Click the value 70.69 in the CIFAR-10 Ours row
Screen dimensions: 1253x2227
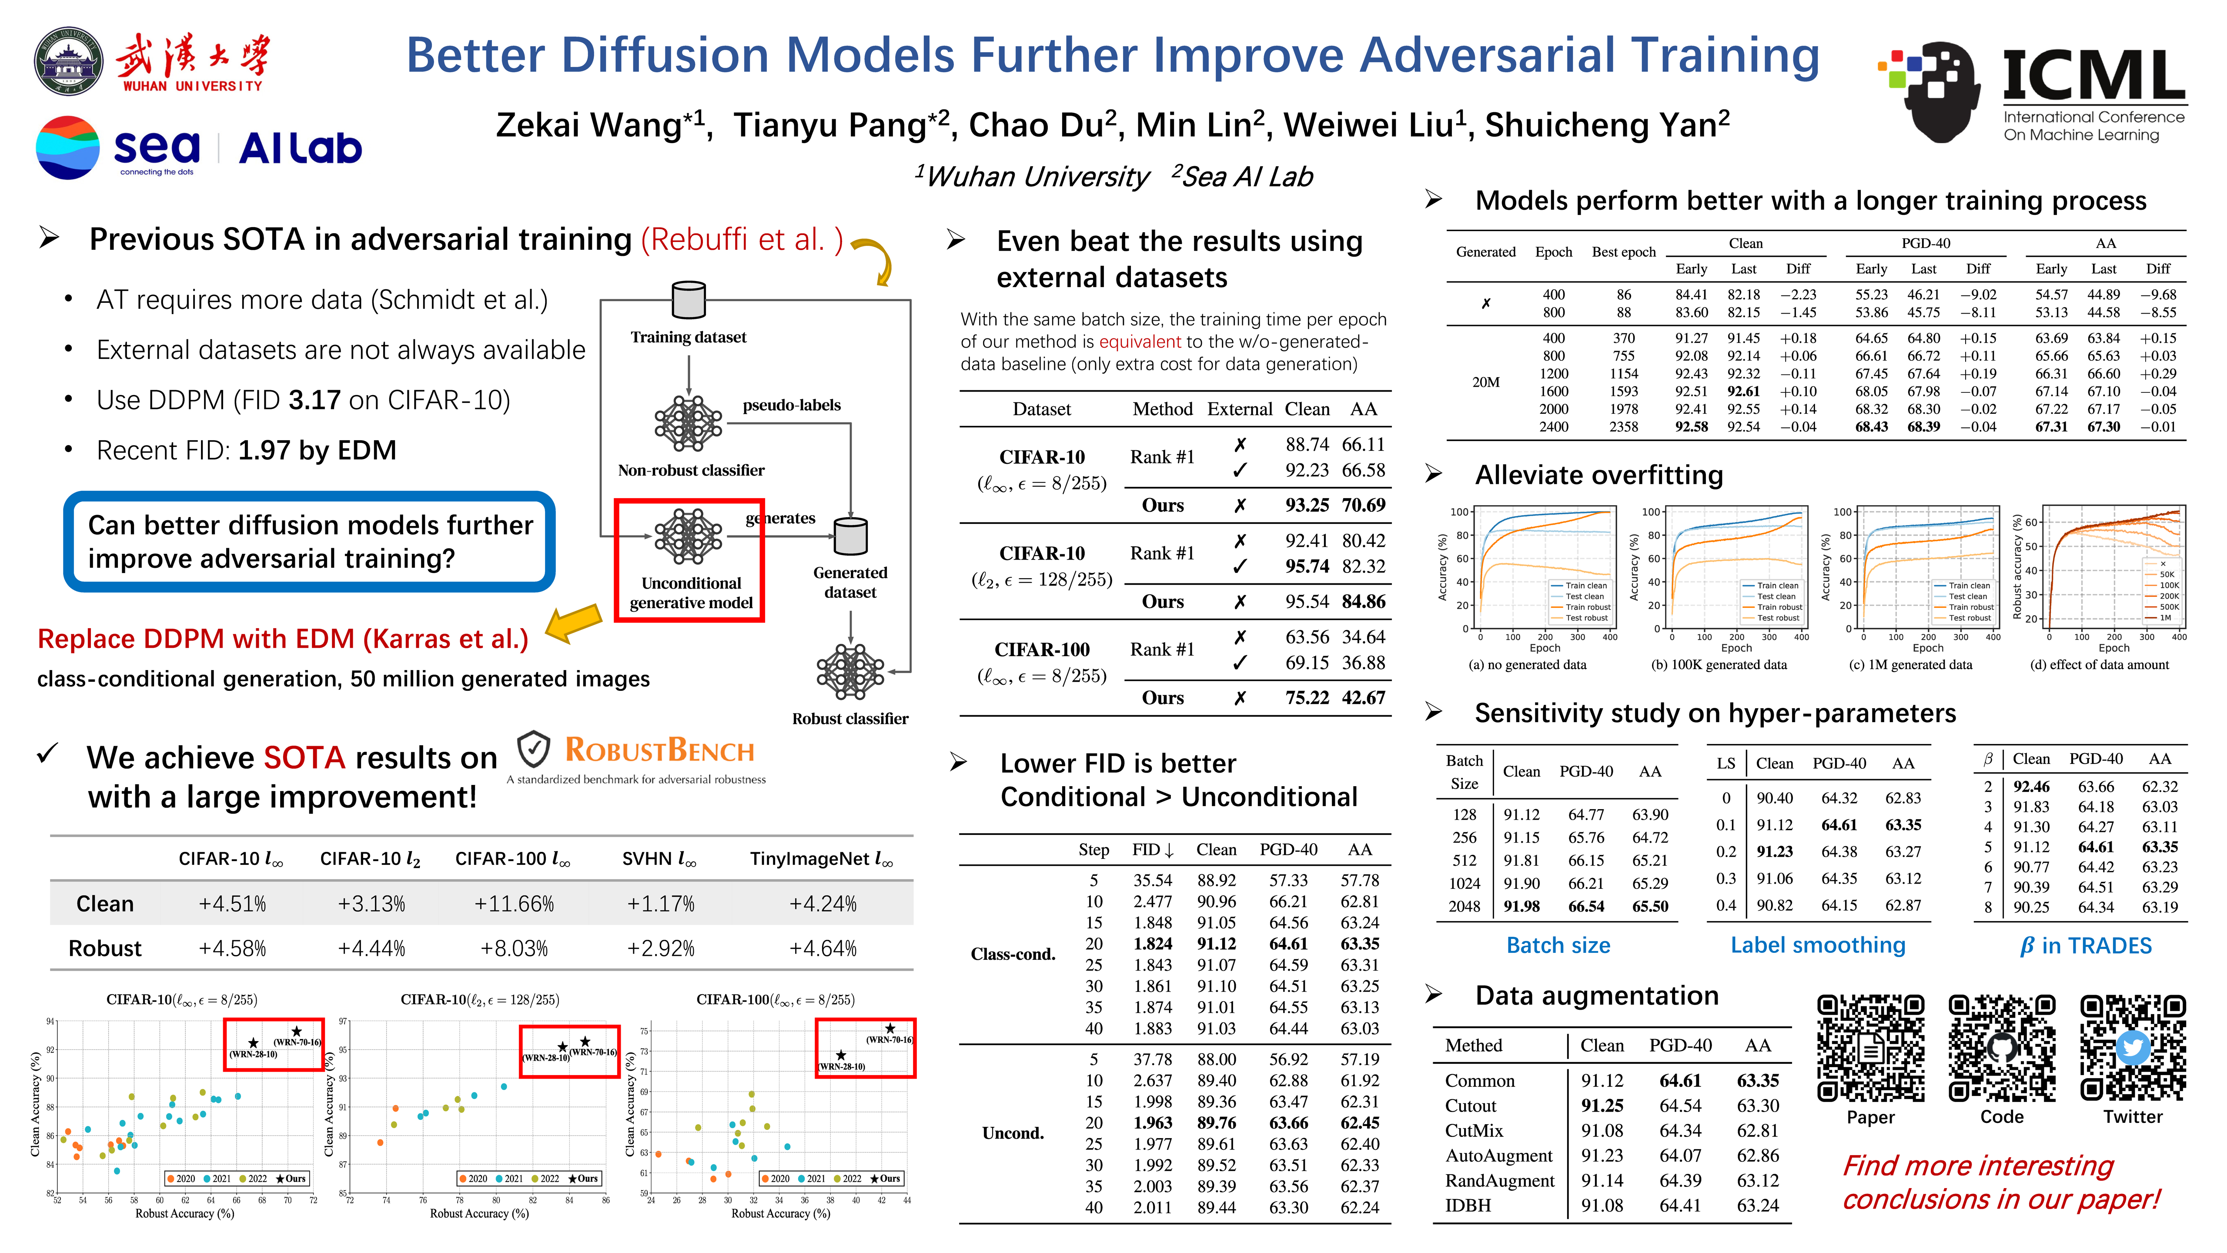[x=1363, y=505]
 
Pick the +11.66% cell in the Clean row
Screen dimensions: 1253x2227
[x=515, y=904]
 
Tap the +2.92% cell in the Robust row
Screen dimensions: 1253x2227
[x=661, y=948]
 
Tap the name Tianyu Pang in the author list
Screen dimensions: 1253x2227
[x=830, y=125]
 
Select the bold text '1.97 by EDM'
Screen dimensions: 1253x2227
[x=317, y=451]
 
